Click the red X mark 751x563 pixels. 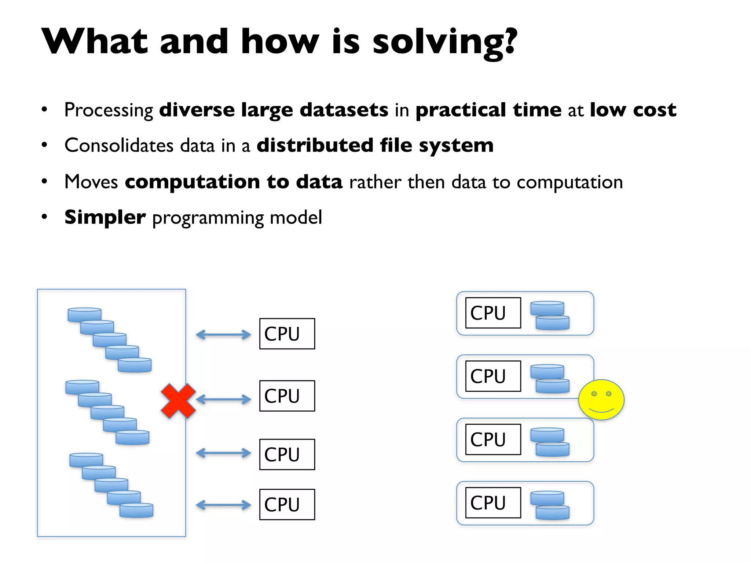click(x=179, y=401)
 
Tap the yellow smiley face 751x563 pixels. click(x=601, y=400)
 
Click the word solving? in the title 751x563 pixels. click(x=444, y=42)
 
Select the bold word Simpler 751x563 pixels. click(x=105, y=217)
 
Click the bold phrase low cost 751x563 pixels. click(x=633, y=110)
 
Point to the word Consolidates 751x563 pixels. click(x=118, y=145)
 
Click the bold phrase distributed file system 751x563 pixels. click(x=375, y=145)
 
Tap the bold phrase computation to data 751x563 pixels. click(x=234, y=182)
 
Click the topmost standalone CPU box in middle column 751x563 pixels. click(x=287, y=334)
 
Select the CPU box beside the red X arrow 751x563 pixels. click(x=287, y=396)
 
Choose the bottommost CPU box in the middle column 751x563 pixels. click(x=287, y=504)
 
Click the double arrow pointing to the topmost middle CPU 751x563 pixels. click(x=223, y=334)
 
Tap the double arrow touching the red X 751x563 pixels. click(x=223, y=399)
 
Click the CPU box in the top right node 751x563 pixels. click(x=493, y=313)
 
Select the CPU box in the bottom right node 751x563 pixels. click(x=493, y=503)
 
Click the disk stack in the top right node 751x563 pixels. click(x=550, y=315)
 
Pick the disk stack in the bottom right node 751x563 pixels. click(x=550, y=505)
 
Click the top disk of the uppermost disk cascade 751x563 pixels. click(x=84, y=314)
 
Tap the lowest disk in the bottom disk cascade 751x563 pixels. click(x=136, y=510)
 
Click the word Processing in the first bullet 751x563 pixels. click(x=109, y=110)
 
